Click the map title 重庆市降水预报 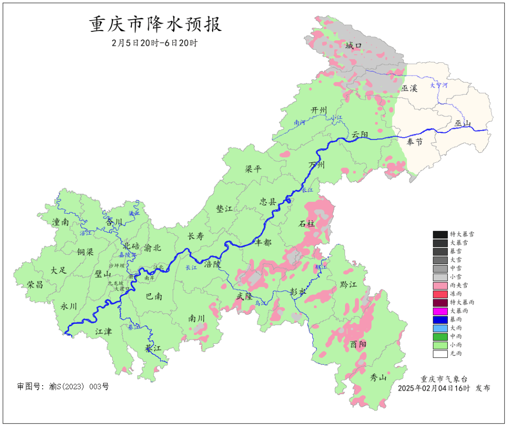(155, 24)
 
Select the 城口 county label (353, 46)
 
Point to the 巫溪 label (409, 88)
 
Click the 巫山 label (462, 123)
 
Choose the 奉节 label (415, 142)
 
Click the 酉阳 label (358, 344)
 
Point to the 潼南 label (61, 222)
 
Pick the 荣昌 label (35, 284)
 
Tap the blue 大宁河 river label (439, 85)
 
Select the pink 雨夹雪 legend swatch (440, 285)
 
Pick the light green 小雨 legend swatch (440, 345)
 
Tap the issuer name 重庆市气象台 (444, 379)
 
